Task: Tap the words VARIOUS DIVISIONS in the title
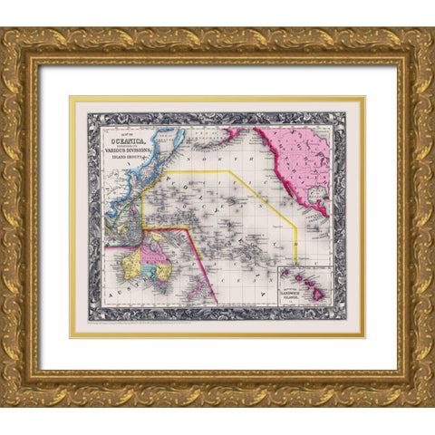[x=135, y=152]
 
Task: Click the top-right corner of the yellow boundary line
[x=229, y=170]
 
